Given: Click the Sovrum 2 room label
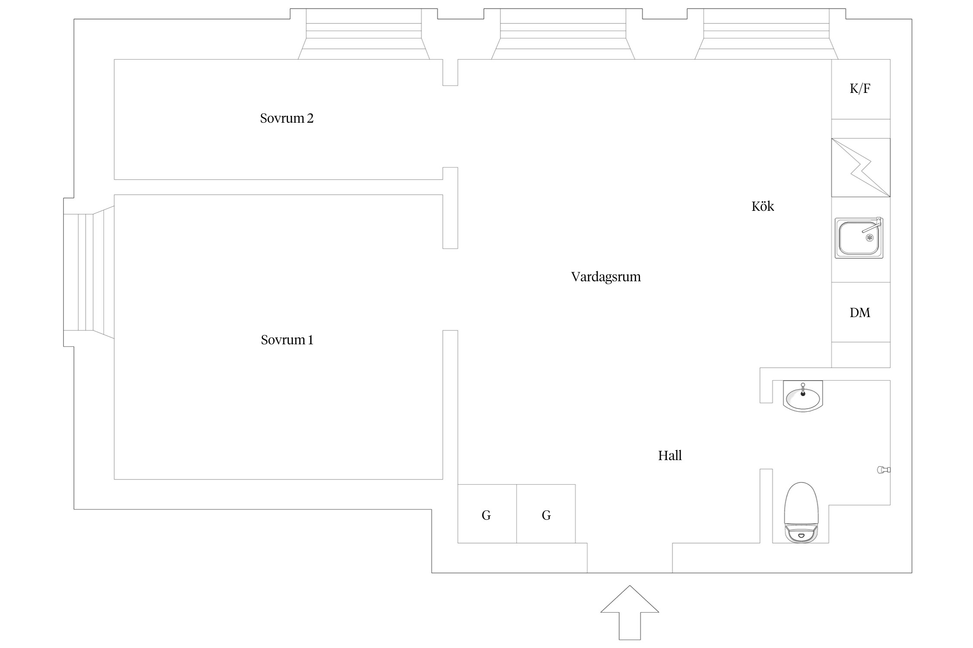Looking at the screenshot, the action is pyautogui.click(x=287, y=118).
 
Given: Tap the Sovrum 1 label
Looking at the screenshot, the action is pyautogui.click(x=287, y=340).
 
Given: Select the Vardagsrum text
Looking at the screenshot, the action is pyautogui.click(x=606, y=277).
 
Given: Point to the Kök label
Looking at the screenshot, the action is pyautogui.click(x=763, y=206).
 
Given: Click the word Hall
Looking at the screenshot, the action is pyautogui.click(x=670, y=455).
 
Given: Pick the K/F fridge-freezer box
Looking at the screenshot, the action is pyautogui.click(x=861, y=89).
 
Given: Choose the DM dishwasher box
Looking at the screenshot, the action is pyautogui.click(x=861, y=312).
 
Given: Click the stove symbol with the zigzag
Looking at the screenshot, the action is pyautogui.click(x=861, y=168).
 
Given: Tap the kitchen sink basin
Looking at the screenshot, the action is pyautogui.click(x=859, y=238).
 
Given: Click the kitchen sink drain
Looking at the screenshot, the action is pyautogui.click(x=870, y=238).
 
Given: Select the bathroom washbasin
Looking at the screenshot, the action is pyautogui.click(x=803, y=396).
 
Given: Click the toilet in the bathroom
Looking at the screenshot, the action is pyautogui.click(x=802, y=512).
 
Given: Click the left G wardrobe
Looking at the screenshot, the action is pyautogui.click(x=487, y=514).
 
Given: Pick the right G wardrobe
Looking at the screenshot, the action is pyautogui.click(x=546, y=514).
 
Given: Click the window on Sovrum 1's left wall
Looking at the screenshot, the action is pyautogui.click(x=89, y=272).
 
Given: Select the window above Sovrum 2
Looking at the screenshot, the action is pyautogui.click(x=364, y=34).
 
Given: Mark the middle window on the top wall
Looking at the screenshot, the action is pyautogui.click(x=563, y=34).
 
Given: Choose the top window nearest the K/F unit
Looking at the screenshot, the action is pyautogui.click(x=766, y=34).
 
